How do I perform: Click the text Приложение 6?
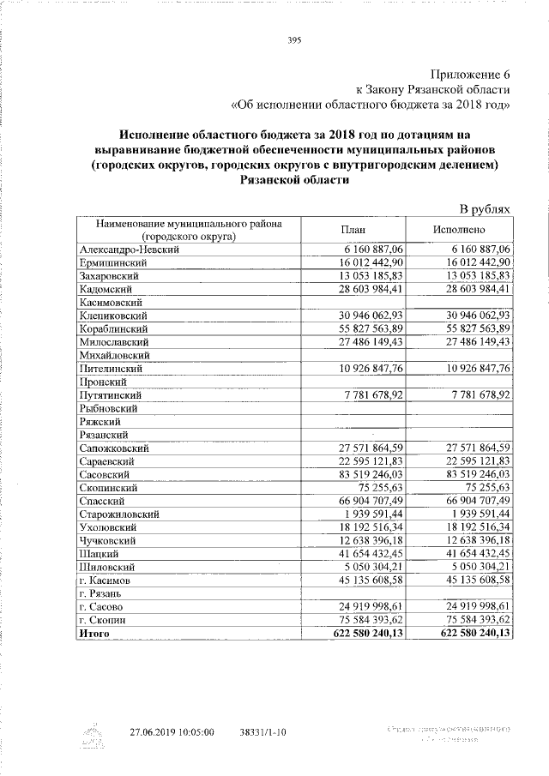468,73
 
